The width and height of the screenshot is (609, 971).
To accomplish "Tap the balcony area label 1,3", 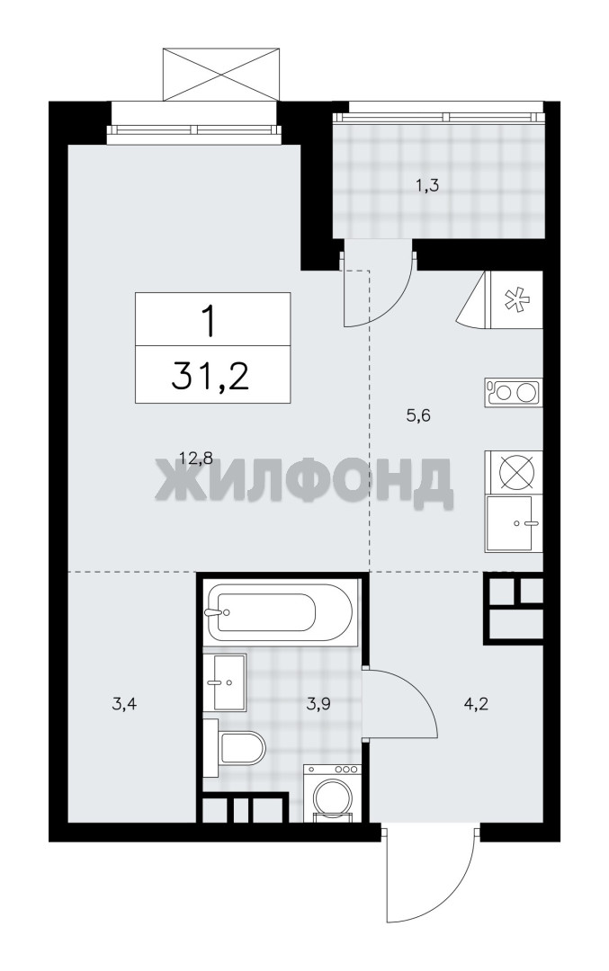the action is (426, 186).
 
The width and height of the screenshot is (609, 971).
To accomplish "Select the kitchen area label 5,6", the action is (418, 415).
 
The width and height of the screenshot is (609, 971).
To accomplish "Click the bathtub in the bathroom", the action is (281, 613).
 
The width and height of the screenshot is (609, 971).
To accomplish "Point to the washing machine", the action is (332, 793).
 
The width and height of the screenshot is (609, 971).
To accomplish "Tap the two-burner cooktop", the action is (513, 393).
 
